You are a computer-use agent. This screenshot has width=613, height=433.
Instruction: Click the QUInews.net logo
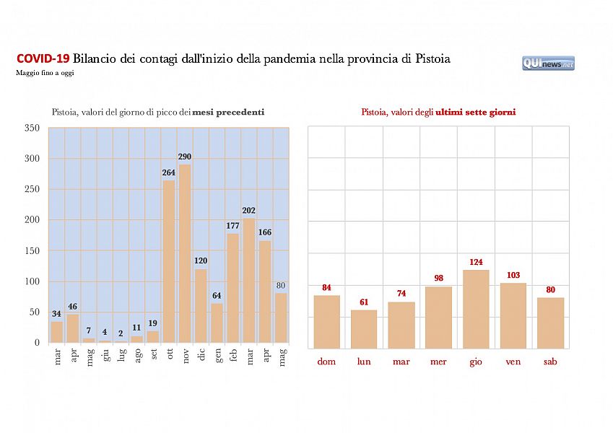click(548, 64)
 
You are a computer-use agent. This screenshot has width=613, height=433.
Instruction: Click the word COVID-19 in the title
click(43, 58)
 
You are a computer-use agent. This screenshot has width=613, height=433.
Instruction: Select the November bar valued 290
click(185, 253)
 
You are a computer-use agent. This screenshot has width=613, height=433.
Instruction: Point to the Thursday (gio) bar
click(476, 309)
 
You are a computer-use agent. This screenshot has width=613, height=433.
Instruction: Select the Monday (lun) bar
click(364, 329)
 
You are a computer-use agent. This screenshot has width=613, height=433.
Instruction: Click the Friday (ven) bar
click(513, 315)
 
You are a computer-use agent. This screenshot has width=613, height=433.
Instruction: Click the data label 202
click(249, 211)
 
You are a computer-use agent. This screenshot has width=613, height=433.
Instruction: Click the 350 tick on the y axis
click(32, 128)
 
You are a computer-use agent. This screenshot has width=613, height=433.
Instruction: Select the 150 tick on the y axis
click(32, 250)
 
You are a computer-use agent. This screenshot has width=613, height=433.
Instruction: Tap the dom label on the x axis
click(326, 362)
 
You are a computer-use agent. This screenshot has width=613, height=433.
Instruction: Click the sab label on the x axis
click(550, 362)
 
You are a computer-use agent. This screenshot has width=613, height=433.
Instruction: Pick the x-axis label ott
click(169, 357)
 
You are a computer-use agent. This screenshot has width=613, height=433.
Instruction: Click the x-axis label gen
click(217, 357)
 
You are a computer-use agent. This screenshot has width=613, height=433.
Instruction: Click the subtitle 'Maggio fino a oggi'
click(45, 73)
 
